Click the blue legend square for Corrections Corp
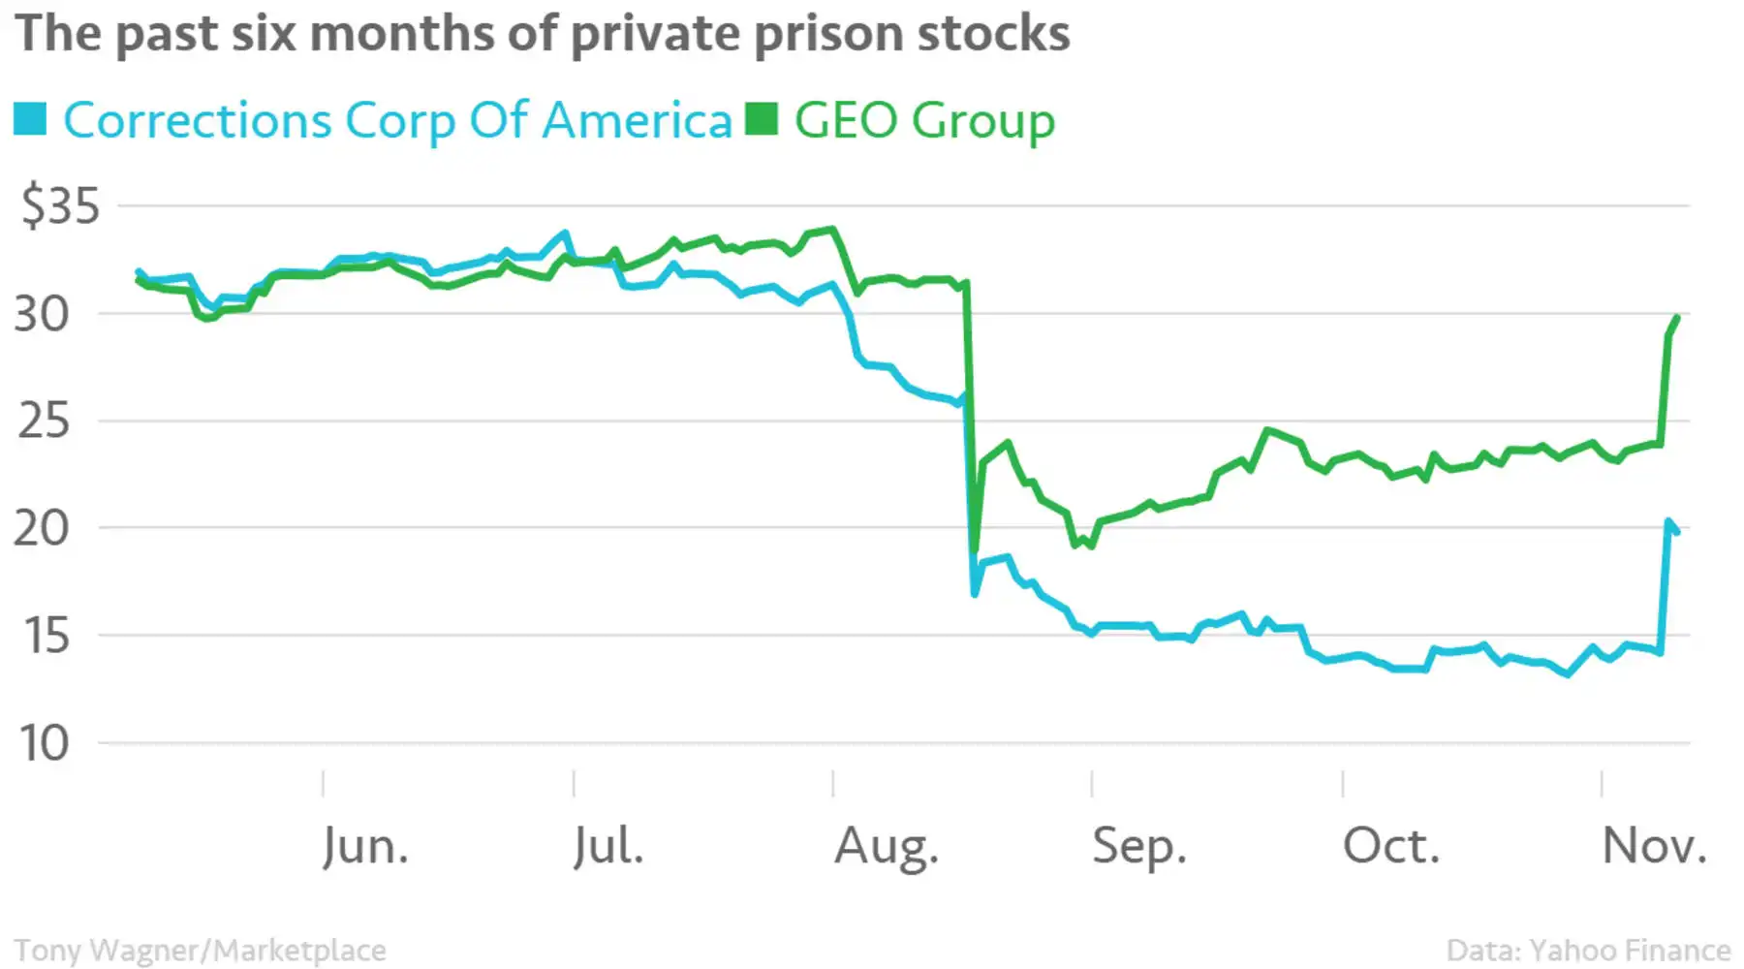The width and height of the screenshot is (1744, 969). pos(30,119)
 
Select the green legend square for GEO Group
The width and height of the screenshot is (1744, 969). pos(762,119)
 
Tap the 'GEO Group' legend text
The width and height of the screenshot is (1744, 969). pos(924,121)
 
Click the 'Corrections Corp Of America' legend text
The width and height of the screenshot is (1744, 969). pos(397,121)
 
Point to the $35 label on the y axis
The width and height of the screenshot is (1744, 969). pos(60,205)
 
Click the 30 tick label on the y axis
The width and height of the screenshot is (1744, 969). pos(42,314)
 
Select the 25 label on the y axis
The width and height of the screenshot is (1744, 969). pos(44,422)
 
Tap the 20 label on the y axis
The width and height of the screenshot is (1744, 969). pos(42,529)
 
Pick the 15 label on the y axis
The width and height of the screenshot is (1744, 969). pos(46,637)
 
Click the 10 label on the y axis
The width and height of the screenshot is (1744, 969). pos(44,744)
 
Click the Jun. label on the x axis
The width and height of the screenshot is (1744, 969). pos(365,846)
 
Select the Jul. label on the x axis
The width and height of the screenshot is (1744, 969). pos(607,846)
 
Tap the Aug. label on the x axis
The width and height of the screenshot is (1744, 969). pos(887,846)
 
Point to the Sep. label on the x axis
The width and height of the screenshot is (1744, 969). pos(1139,846)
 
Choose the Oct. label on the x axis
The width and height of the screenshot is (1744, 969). pos(1390,846)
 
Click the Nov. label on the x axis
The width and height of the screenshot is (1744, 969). pos(1654,846)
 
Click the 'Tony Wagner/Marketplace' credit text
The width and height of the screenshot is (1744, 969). pos(200,951)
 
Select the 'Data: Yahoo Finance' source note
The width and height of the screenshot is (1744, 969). pos(1588,951)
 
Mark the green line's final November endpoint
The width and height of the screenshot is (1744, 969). pos(1677,318)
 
